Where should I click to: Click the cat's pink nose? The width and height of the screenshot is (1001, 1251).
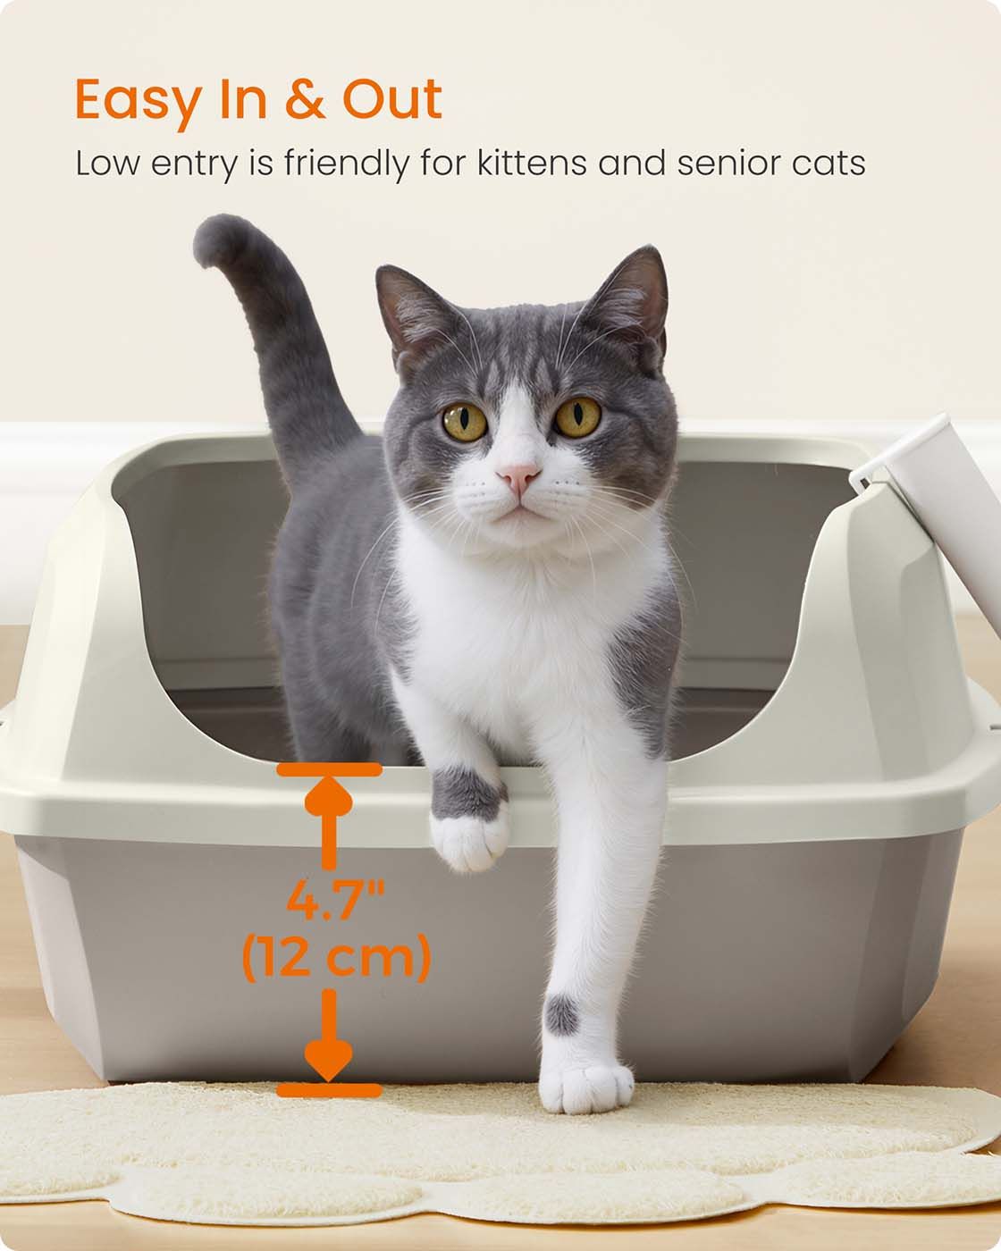click(518, 476)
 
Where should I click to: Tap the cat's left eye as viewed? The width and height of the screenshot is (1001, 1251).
click(465, 422)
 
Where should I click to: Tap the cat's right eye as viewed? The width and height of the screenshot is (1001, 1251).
click(577, 416)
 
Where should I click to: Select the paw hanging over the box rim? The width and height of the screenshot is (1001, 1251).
click(469, 837)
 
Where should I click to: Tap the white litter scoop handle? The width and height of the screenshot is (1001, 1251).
click(937, 511)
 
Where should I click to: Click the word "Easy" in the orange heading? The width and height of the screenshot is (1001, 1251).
click(139, 100)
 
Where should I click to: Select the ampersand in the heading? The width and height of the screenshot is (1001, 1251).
click(305, 99)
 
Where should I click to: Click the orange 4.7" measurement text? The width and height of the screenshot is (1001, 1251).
click(336, 900)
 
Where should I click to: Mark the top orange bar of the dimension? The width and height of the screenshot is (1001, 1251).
click(329, 769)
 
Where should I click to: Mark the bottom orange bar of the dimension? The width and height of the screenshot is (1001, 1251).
click(329, 1090)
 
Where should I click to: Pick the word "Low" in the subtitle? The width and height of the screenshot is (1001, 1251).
click(107, 163)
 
